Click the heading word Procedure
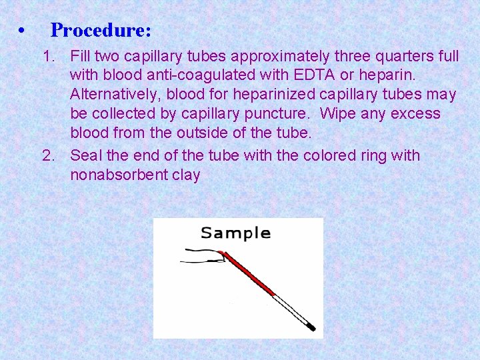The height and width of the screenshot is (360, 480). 100,30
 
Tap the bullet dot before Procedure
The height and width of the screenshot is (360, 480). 23,31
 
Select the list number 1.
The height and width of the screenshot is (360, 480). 47,56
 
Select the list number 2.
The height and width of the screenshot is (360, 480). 47,156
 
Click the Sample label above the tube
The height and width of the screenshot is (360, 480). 235,233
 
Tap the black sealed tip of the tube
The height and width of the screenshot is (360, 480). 311,328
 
